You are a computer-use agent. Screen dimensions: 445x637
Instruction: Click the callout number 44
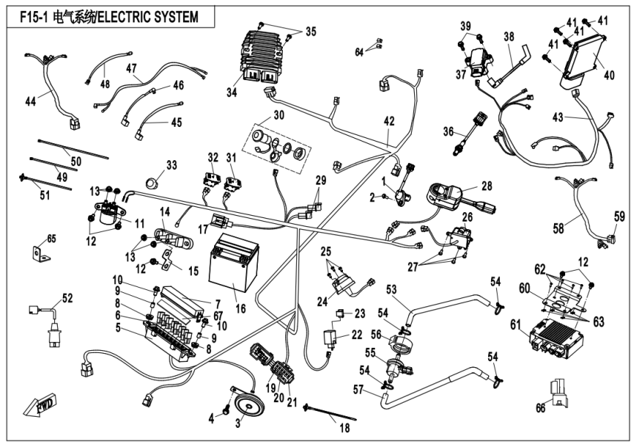click(x=30, y=99)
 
